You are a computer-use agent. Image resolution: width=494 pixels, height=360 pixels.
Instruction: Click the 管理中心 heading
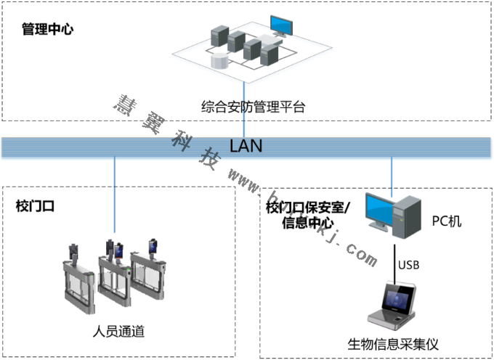(48, 30)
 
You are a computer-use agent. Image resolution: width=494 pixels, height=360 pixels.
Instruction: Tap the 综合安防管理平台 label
(253, 107)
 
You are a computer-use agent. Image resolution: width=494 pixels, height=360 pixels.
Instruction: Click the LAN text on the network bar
(246, 145)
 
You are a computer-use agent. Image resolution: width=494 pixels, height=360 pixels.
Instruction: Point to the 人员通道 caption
(118, 332)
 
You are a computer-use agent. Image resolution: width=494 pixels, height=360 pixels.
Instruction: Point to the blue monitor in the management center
(282, 25)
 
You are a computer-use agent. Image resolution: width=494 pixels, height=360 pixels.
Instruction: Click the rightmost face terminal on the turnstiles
(153, 247)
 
